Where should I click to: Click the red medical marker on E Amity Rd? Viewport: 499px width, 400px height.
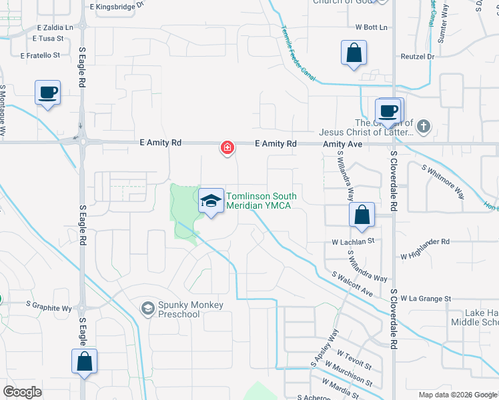[227, 147]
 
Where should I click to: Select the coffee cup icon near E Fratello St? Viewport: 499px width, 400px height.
[47, 93]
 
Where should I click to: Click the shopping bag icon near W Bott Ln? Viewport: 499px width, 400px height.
[354, 53]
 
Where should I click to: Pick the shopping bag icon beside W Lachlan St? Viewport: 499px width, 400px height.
[361, 215]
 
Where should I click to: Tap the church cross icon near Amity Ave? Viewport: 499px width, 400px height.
[424, 125]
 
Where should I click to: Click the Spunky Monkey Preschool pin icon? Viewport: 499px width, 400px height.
[147, 308]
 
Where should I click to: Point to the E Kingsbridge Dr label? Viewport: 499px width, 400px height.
[116, 5]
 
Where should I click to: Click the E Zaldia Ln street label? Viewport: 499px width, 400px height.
[55, 28]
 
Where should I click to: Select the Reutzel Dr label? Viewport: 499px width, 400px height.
[418, 57]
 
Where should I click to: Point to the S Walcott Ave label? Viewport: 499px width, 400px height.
[353, 283]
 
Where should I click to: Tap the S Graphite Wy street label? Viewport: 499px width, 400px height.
[49, 308]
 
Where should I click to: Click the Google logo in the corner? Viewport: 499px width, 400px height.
[22, 392]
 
